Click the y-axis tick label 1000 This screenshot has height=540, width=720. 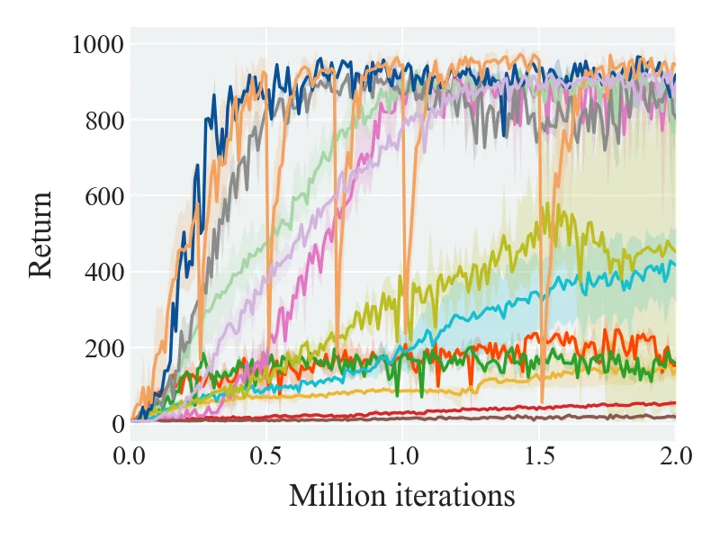click(x=98, y=45)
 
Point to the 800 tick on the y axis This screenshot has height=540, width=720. click(x=104, y=121)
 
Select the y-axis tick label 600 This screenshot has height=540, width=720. click(x=104, y=196)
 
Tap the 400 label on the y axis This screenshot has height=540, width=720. click(x=104, y=273)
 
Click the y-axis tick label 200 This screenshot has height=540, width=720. click(x=104, y=348)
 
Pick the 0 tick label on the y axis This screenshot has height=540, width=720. click(x=118, y=424)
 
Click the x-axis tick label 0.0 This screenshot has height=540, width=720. click(x=130, y=457)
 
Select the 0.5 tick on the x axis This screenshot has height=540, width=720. click(x=265, y=457)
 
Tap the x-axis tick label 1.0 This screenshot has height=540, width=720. click(x=402, y=457)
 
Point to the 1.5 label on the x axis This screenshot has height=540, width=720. click(x=539, y=457)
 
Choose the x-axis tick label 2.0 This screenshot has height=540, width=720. click(x=676, y=457)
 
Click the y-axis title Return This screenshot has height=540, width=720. click(x=40, y=234)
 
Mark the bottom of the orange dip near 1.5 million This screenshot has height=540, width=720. click(x=543, y=402)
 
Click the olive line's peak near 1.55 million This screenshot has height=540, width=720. click(x=559, y=205)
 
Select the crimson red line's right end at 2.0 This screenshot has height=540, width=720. click(x=674, y=402)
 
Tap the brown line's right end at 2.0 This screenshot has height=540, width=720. click(x=674, y=417)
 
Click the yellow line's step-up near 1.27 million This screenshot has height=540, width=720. click(x=479, y=385)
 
